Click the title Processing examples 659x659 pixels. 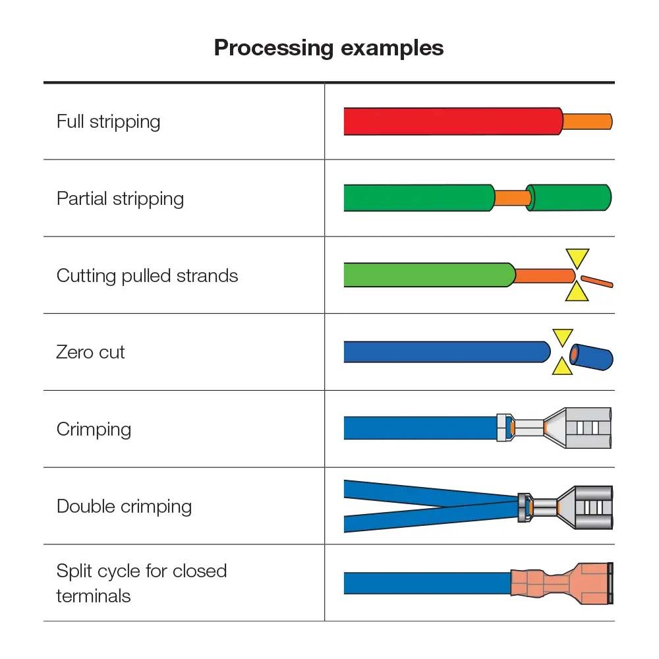coord(329,48)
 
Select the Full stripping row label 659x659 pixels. coord(108,122)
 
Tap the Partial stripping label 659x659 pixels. coord(120,199)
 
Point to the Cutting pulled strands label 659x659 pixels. coord(147,275)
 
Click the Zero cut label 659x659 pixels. coord(90,353)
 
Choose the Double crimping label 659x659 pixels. coord(124,507)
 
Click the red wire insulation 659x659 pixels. coord(451,121)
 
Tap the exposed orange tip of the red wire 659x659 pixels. coord(587,121)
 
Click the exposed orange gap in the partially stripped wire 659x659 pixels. coord(512,198)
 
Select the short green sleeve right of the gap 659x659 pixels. coord(571,198)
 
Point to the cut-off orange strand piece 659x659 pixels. coord(598,281)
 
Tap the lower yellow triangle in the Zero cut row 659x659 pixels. coord(561,366)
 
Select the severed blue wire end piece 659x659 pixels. coord(592,356)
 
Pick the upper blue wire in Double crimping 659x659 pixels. coord(422,492)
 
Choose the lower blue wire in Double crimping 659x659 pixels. coord(422,520)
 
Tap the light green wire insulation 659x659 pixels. coord(428,275)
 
